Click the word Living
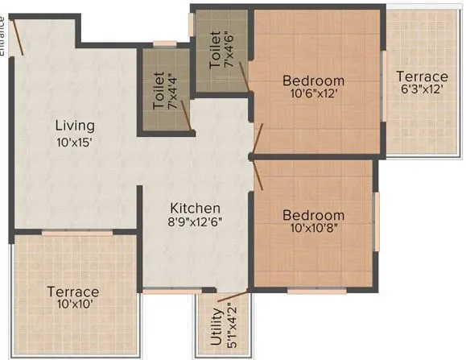click(75, 126)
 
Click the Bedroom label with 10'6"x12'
click(313, 81)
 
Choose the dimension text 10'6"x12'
click(313, 94)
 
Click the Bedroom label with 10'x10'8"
click(313, 215)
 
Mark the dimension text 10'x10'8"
click(313, 230)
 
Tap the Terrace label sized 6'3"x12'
click(422, 77)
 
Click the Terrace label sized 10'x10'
click(72, 292)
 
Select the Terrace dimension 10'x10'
click(72, 305)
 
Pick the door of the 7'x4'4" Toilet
click(185, 114)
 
